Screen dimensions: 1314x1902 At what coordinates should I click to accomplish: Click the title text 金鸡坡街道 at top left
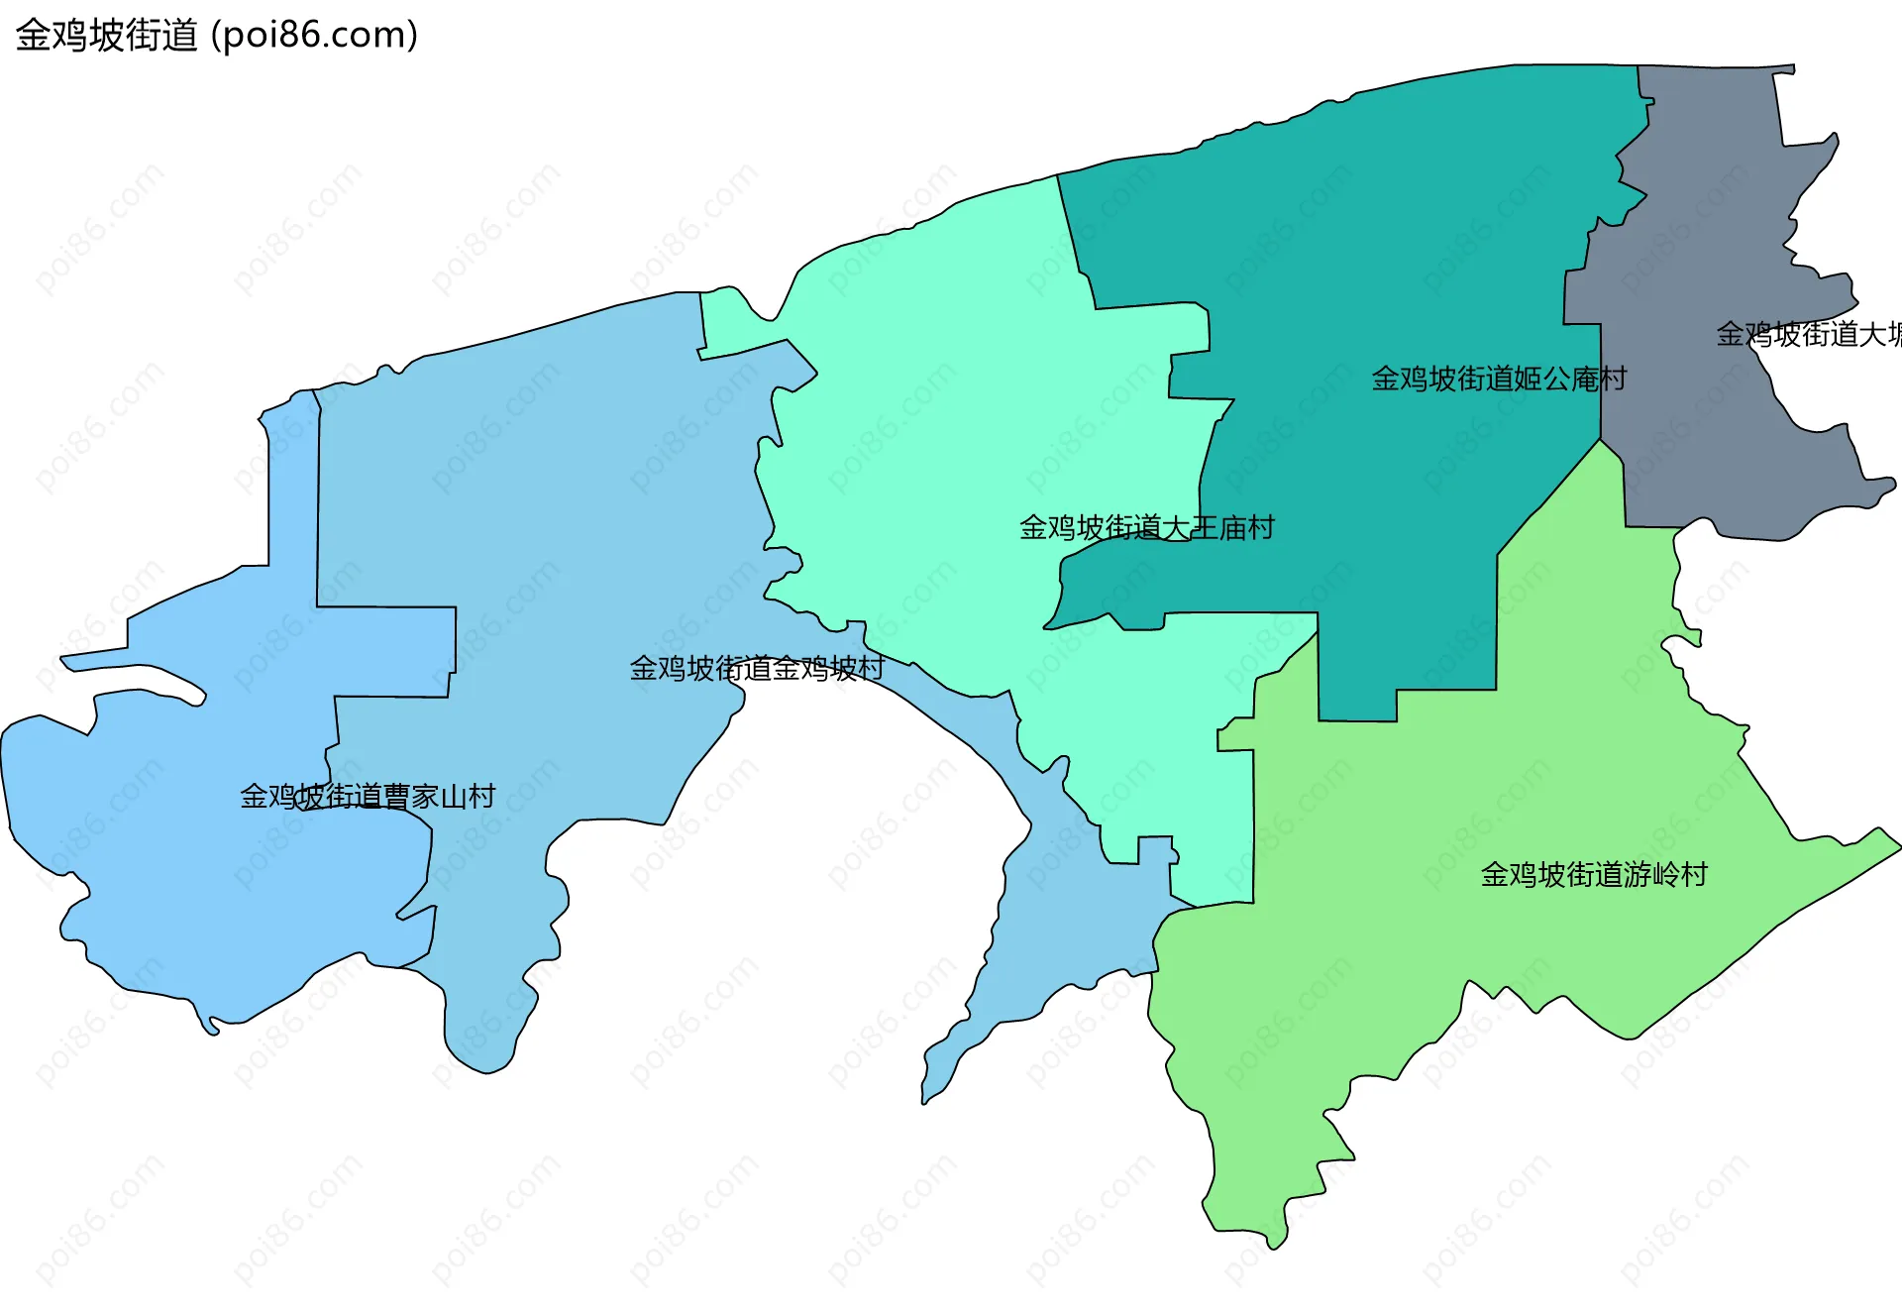107,36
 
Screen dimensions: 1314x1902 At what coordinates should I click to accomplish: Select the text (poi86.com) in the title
315,36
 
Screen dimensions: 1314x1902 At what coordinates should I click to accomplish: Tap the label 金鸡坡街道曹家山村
368,797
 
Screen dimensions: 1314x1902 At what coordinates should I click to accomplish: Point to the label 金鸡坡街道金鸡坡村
757,669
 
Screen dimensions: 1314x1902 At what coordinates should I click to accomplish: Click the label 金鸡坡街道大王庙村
1146,527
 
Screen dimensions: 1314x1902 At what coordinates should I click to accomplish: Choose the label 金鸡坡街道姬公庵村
1499,379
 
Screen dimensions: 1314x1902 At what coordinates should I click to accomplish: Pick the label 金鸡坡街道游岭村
1594,874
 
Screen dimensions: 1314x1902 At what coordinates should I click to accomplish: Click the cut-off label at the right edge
1808,335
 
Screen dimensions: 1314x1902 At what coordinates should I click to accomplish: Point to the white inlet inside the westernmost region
139,679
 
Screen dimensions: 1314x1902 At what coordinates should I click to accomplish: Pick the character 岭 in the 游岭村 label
1665,874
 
